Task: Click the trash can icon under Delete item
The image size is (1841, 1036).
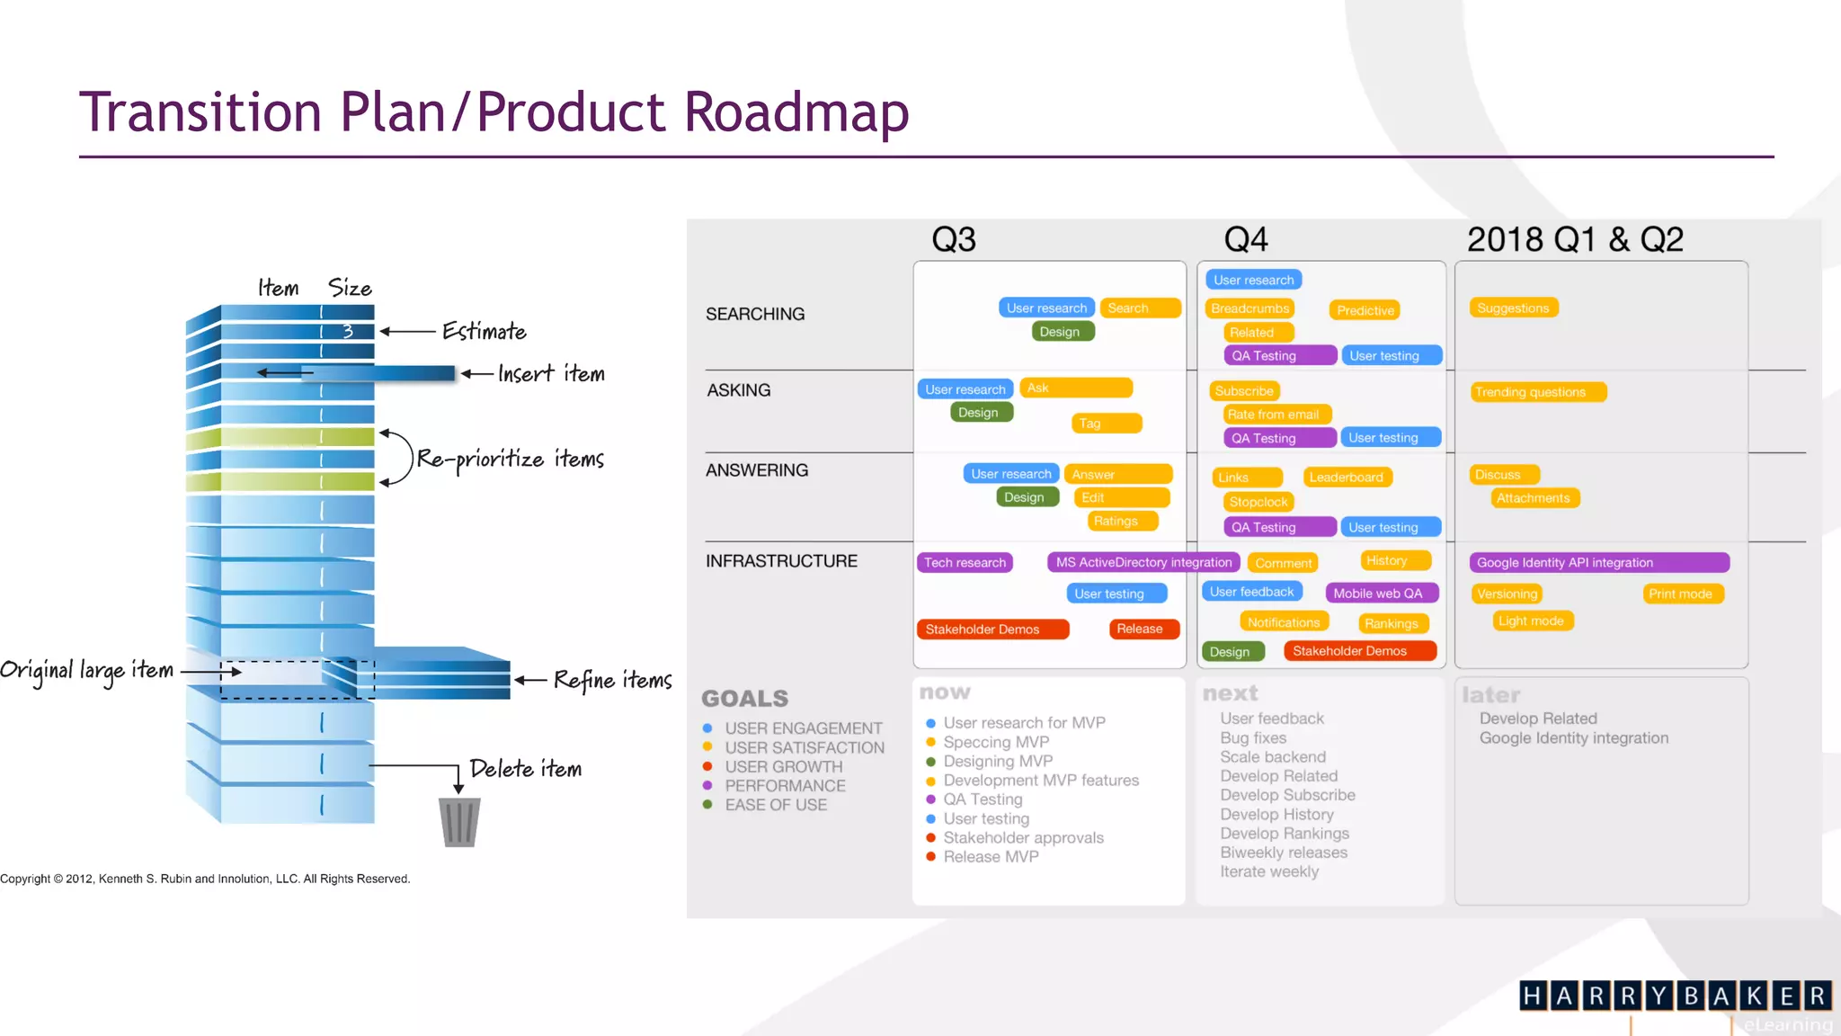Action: click(459, 821)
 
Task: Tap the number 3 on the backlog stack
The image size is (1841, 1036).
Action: click(348, 331)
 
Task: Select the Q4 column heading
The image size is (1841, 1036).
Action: click(1246, 239)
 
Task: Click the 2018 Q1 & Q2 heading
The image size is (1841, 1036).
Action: click(1575, 239)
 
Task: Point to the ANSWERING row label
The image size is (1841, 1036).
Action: click(757, 470)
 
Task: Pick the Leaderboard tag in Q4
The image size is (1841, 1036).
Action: click(1346, 478)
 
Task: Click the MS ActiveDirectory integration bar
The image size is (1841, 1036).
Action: click(1143, 562)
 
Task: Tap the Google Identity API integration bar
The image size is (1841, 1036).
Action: click(1599, 562)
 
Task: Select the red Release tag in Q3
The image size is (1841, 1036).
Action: click(1140, 629)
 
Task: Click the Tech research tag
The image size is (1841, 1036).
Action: click(965, 562)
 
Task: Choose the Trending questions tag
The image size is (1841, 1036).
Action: click(1538, 392)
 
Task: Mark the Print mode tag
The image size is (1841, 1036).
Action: click(1680, 594)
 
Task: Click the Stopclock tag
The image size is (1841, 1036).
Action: click(1258, 502)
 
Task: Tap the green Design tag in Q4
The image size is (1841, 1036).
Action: click(1230, 651)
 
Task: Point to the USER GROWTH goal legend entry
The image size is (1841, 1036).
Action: click(783, 767)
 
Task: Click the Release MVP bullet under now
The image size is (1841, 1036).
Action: click(991, 857)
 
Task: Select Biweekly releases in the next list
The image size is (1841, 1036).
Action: click(1284, 853)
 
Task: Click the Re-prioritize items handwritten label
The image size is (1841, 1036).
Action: click(510, 460)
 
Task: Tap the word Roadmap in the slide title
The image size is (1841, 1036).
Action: click(796, 112)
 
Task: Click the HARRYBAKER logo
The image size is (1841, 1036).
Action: click(1675, 996)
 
